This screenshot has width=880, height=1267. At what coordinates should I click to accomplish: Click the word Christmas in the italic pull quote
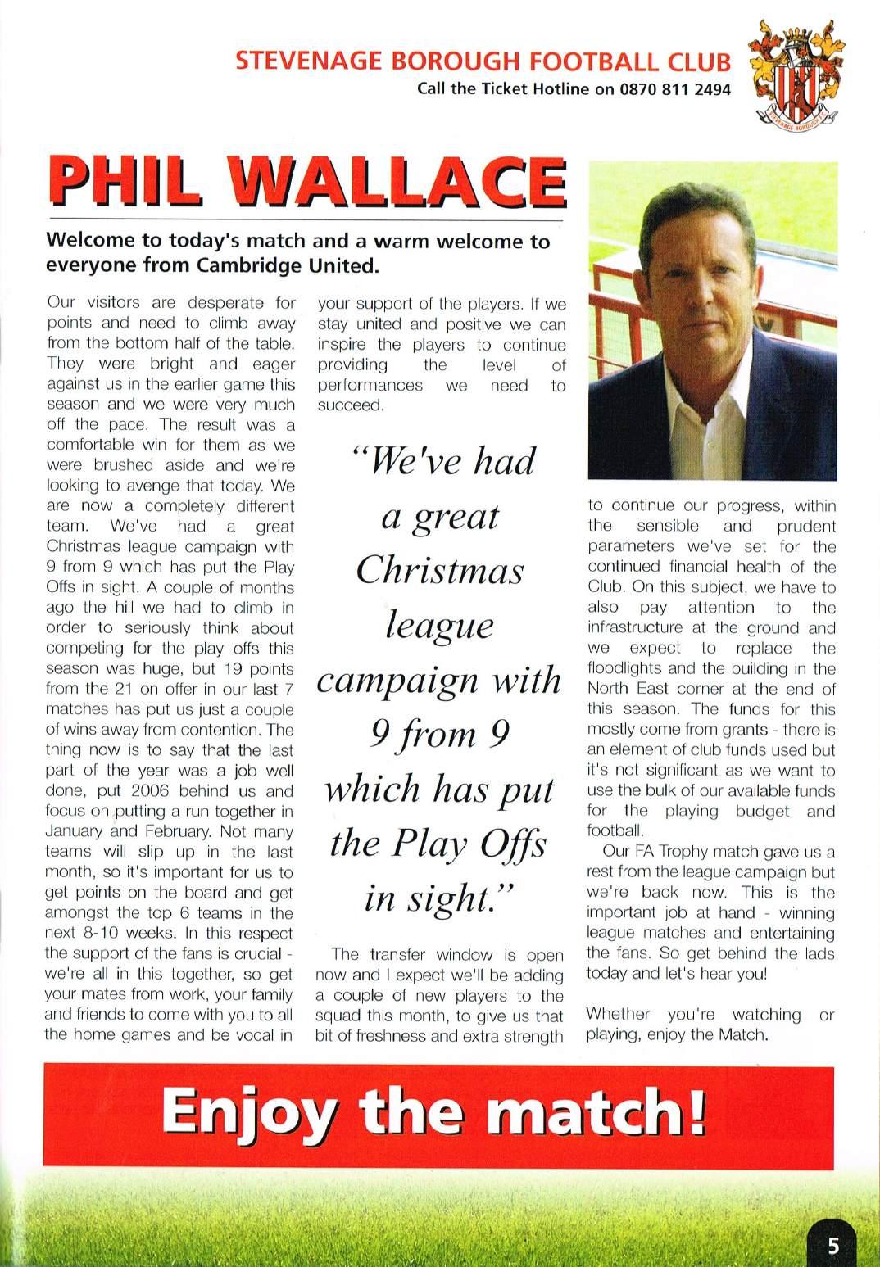point(439,571)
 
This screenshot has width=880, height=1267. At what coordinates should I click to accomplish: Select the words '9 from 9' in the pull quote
point(439,735)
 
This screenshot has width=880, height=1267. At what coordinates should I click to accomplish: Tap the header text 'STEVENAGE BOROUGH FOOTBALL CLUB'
point(483,63)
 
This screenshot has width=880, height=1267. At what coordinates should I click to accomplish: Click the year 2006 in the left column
point(185,791)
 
